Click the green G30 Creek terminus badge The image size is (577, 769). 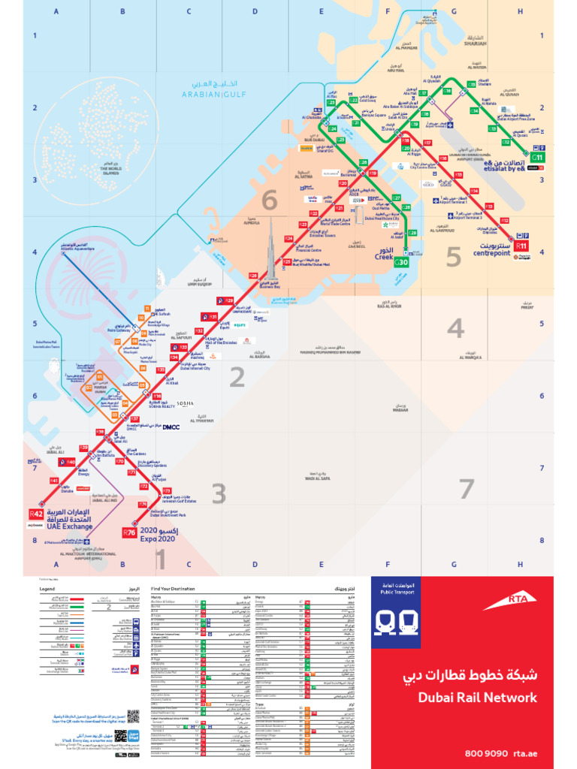402,262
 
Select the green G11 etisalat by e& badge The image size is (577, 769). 538,157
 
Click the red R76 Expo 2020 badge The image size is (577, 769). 129,533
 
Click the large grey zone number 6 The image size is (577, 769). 269,201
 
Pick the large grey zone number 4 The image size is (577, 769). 455,328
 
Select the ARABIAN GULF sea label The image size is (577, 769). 213,94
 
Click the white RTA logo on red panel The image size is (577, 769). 496,602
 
